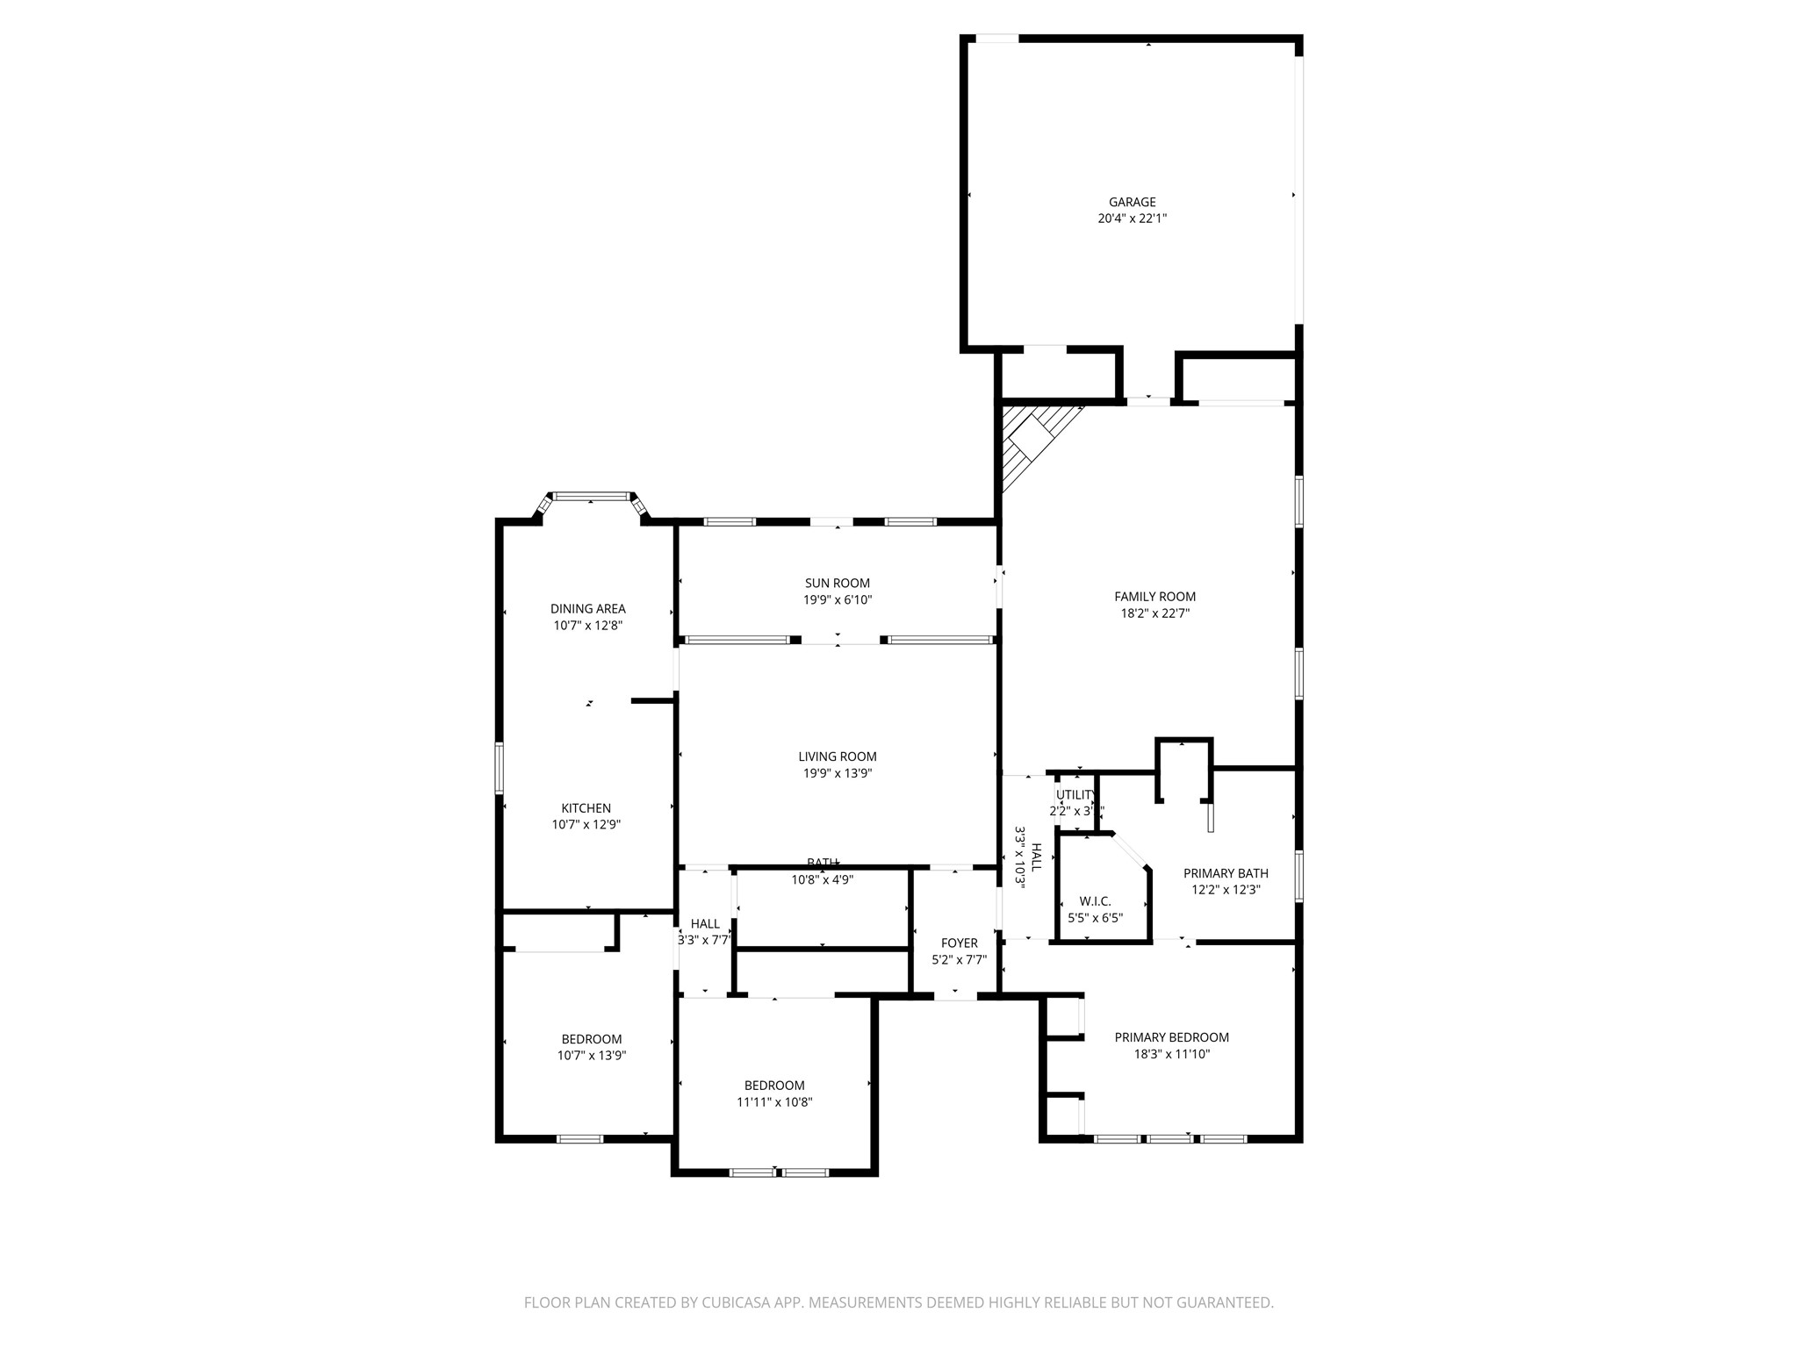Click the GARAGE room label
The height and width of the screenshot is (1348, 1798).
pos(1132,202)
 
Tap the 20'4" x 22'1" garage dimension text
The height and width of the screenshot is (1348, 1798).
pos(1132,219)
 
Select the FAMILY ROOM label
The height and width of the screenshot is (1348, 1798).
pos(1154,597)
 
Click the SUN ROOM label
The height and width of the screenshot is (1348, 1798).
pos(838,583)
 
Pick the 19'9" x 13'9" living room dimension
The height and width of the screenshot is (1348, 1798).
pos(838,773)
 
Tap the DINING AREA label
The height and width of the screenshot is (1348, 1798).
pos(587,608)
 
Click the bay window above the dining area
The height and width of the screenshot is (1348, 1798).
pos(592,497)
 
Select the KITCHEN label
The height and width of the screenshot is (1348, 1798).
pos(586,808)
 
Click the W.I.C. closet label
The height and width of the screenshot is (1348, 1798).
pos(1095,901)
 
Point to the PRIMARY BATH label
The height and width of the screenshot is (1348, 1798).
pos(1226,873)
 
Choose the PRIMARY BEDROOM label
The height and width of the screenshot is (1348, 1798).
pos(1171,1037)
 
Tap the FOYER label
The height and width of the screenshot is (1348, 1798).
pos(959,943)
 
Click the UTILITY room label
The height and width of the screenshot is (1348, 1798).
pos(1075,795)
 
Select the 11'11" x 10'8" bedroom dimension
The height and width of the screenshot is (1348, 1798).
pos(774,1102)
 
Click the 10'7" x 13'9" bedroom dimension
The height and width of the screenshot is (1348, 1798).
pos(591,1056)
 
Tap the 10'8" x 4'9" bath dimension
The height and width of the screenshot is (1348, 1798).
pos(822,879)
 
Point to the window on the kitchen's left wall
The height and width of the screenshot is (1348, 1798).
pos(500,768)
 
